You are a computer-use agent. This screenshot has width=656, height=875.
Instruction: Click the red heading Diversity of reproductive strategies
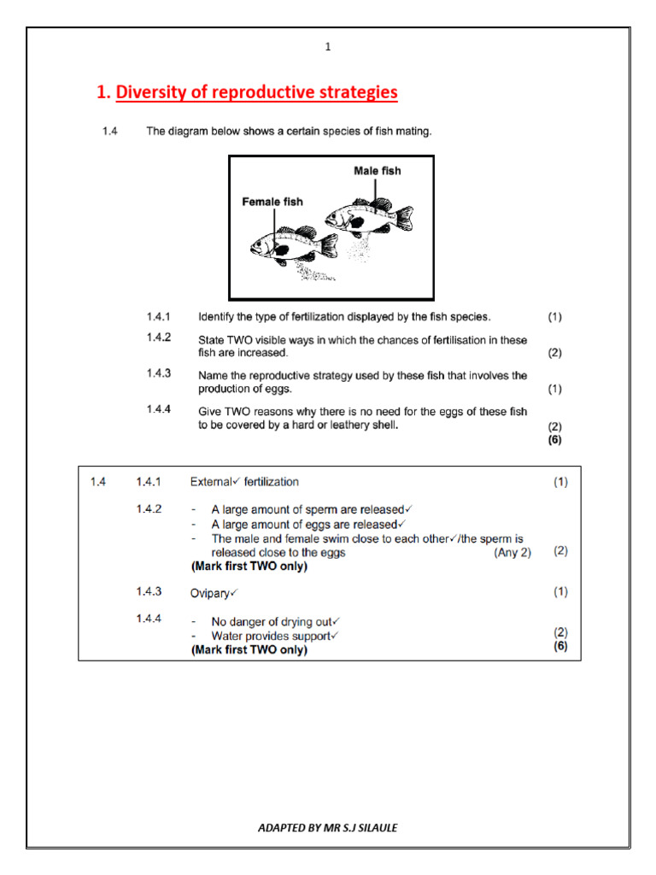256,92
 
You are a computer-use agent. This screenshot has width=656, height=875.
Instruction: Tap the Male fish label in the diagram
377,171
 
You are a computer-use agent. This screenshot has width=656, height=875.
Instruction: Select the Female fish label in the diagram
272,202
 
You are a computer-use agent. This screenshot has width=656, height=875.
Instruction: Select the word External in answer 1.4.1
205,482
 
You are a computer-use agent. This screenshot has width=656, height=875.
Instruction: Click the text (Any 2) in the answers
512,553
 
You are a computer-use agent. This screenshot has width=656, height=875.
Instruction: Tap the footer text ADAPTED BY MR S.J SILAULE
328,827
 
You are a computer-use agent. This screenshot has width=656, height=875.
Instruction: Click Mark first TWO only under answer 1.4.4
249,650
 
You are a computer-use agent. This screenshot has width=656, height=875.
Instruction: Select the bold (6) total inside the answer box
560,646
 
